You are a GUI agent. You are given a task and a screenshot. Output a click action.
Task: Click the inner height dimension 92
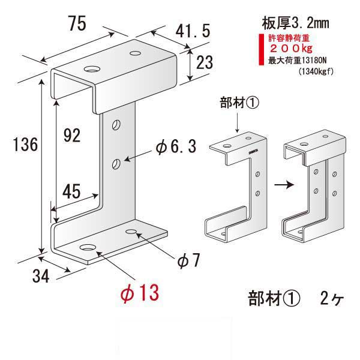tap(71, 136)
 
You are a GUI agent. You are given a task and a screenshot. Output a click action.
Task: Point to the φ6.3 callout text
tap(175, 146)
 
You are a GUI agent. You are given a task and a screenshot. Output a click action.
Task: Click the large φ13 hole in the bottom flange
tap(88, 248)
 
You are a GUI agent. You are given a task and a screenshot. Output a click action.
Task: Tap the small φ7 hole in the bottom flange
tap(133, 231)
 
